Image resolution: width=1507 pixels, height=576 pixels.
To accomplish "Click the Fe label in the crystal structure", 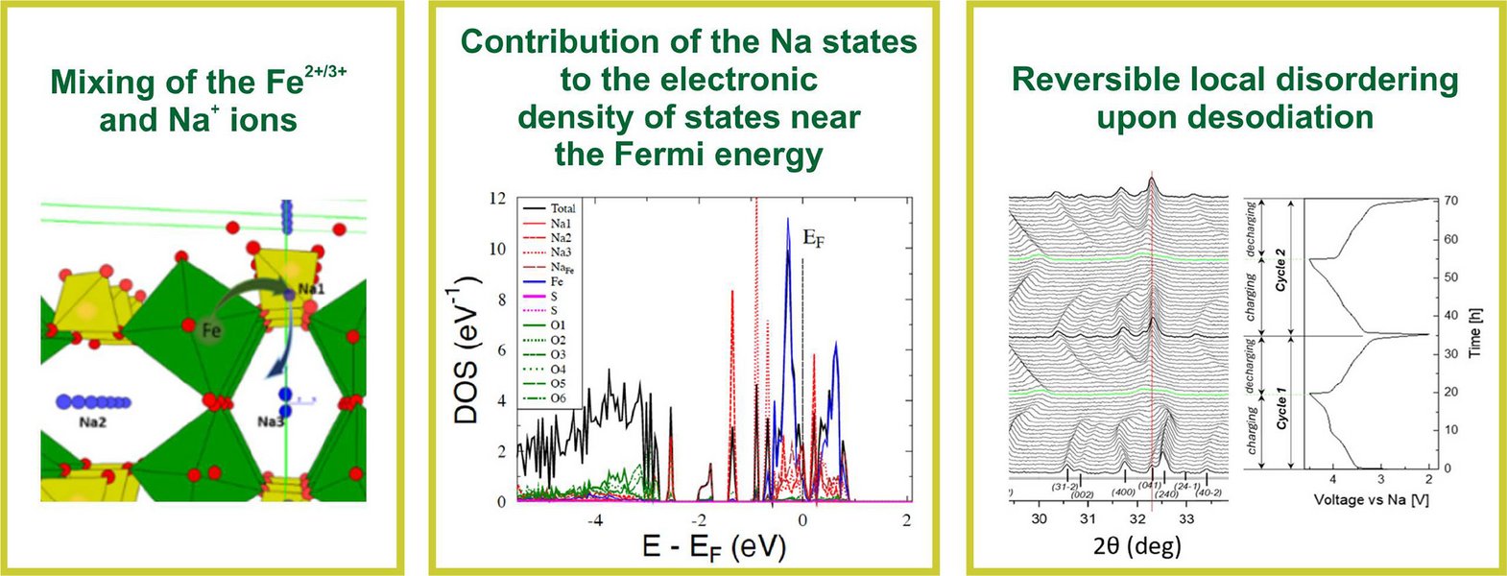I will tap(213, 330).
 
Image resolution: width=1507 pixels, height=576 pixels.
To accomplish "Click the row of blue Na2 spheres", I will tap(93, 402).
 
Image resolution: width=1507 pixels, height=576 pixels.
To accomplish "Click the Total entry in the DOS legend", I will tap(562, 208).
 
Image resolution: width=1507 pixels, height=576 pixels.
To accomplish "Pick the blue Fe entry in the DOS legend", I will tap(557, 281).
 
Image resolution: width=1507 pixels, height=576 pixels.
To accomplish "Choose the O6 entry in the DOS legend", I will tap(558, 398).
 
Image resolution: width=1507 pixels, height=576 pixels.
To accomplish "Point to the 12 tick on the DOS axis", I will tap(496, 199).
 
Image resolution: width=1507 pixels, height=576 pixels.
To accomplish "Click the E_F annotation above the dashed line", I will tap(812, 239).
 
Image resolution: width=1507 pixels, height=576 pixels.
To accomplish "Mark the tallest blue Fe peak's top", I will tap(788, 219).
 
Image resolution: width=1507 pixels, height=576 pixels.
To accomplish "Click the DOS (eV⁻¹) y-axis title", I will tap(467, 350).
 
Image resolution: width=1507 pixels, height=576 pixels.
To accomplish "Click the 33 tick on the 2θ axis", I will tap(1186, 519).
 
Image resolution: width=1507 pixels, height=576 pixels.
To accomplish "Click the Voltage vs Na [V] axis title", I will tap(1371, 500).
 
